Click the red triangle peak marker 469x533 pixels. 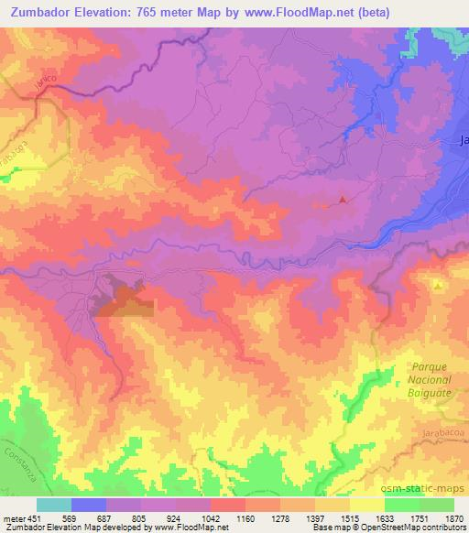tap(343, 199)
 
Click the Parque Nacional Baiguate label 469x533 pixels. tap(425, 379)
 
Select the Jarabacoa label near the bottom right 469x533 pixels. tap(435, 429)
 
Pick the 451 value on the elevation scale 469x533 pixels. tap(35, 517)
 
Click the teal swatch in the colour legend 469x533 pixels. tap(54, 505)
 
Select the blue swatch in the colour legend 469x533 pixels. tap(89, 505)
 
